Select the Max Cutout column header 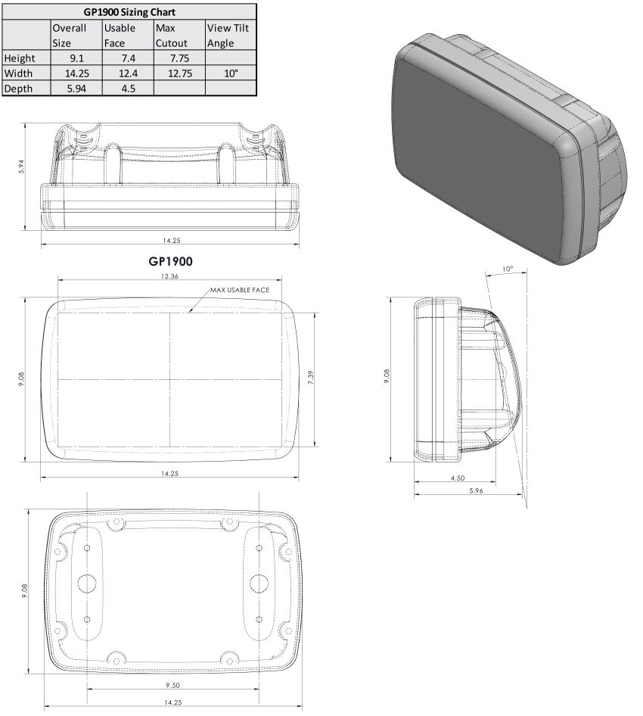[179, 36]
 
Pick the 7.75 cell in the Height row [179, 58]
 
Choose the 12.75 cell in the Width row [179, 73]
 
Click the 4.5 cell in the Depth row [127, 89]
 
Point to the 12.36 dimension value [169, 277]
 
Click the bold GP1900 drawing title [169, 261]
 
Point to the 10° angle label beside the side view [507, 269]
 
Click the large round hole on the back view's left [87, 583]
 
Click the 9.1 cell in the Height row [76, 58]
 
